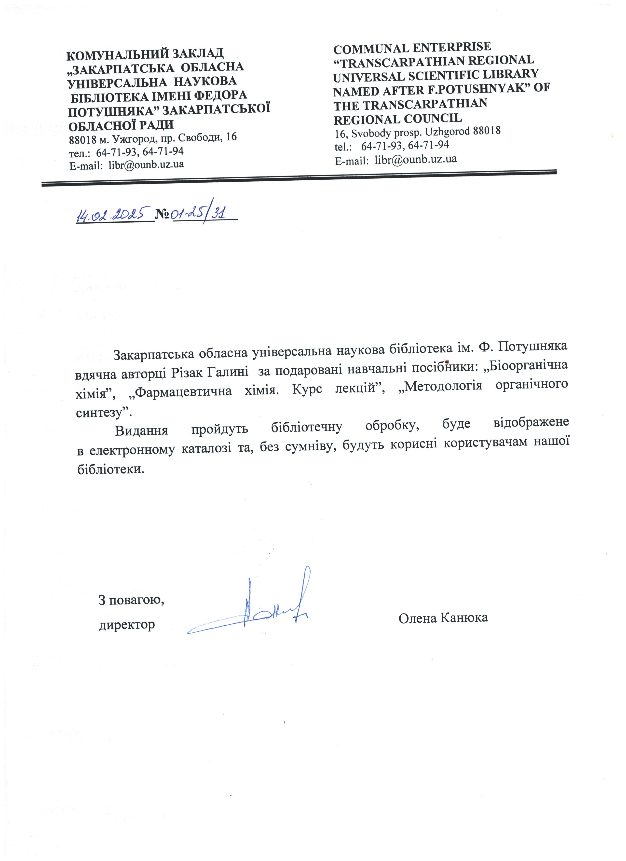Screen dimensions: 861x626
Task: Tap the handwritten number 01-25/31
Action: pos(199,214)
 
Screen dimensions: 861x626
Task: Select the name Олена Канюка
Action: pos(443,618)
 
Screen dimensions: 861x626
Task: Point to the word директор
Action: pos(127,624)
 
